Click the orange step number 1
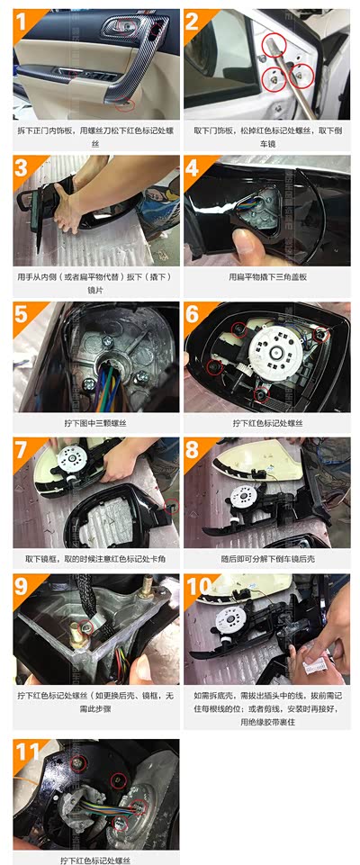click(x=22, y=23)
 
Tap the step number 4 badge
click(x=193, y=167)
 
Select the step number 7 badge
click(x=22, y=449)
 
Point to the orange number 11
click(x=28, y=752)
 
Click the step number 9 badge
click(x=22, y=586)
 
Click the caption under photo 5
click(x=95, y=423)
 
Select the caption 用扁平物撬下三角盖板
click(x=267, y=277)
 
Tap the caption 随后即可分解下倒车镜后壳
click(x=267, y=559)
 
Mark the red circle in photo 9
click(x=85, y=626)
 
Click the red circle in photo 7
click(x=172, y=507)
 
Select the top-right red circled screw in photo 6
click(x=320, y=334)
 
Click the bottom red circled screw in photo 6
click(x=261, y=393)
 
